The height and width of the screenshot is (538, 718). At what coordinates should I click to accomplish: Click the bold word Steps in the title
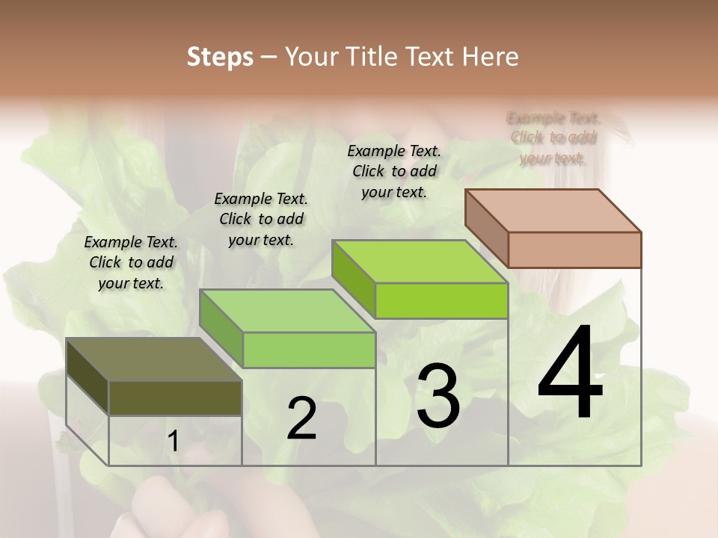tap(220, 57)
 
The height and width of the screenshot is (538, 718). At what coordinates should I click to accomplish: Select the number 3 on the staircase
tap(438, 396)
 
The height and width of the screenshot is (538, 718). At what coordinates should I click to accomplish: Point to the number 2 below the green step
tap(301, 419)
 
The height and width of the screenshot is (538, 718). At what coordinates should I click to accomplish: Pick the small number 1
tap(173, 442)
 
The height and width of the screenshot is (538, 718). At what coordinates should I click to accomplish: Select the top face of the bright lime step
tap(419, 262)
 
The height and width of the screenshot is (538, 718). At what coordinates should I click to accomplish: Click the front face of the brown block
tap(574, 250)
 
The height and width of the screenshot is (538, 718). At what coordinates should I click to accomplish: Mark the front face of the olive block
tap(175, 398)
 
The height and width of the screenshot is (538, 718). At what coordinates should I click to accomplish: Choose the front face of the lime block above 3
tap(441, 300)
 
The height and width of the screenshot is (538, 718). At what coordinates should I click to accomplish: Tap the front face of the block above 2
tap(309, 350)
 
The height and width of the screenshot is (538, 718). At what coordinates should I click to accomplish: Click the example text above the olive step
tap(131, 262)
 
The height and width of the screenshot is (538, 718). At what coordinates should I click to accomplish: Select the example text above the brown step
tap(553, 138)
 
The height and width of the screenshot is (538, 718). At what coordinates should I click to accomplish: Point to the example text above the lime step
tap(394, 171)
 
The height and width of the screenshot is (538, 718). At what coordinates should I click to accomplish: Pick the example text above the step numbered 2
tap(261, 219)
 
